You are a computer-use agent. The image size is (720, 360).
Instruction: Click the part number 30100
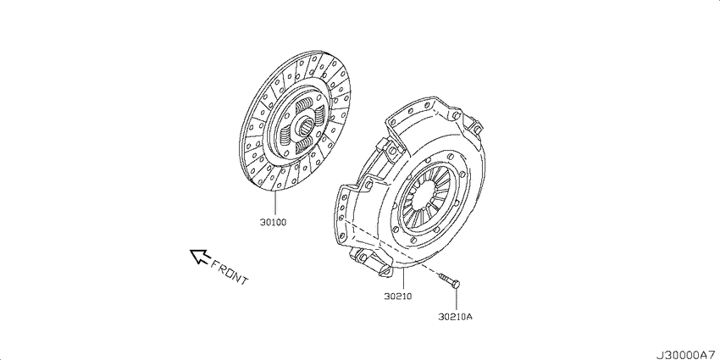273,222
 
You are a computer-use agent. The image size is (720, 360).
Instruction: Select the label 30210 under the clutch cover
398,296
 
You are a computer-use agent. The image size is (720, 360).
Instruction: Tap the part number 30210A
456,317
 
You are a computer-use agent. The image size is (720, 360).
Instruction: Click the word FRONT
230,272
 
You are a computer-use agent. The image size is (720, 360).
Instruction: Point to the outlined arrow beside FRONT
199,256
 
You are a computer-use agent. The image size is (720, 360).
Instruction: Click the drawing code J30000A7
688,355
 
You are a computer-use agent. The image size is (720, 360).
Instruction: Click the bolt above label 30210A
450,280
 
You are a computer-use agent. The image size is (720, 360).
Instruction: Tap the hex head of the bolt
456,285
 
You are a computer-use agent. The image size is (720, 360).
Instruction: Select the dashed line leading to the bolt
390,247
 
